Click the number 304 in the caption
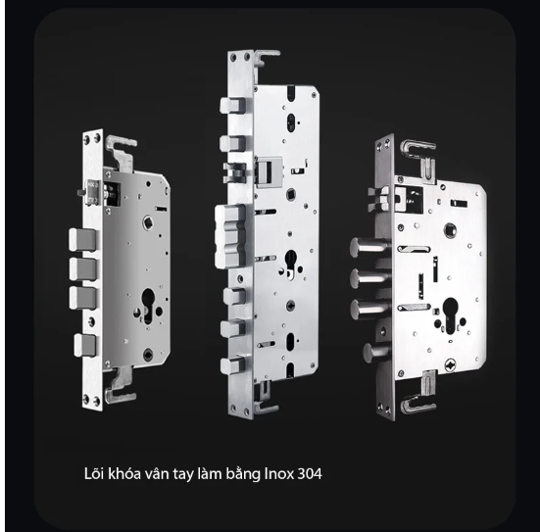(x=310, y=474)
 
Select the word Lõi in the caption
(x=95, y=473)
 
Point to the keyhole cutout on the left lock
(x=148, y=305)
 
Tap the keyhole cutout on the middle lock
(x=291, y=264)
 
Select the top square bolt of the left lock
(x=82, y=240)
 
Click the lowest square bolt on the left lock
(x=84, y=345)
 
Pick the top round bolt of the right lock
(x=367, y=247)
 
